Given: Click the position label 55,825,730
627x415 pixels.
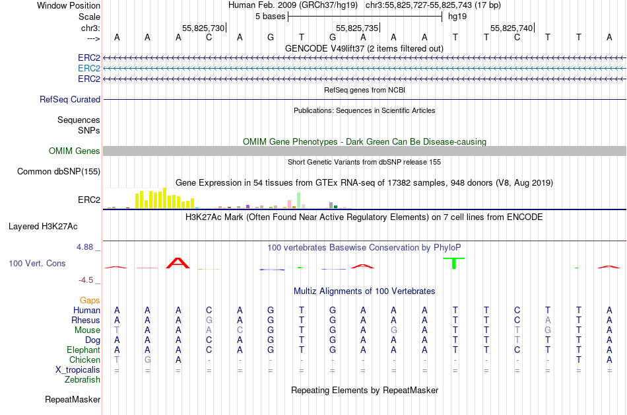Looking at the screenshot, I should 203,28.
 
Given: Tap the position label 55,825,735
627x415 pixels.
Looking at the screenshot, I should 357,28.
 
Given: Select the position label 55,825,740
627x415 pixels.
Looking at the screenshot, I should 511,28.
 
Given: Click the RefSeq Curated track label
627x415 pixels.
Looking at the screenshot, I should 70,99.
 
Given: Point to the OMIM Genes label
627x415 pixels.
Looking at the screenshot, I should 75,151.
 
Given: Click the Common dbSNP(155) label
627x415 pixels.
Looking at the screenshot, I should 59,172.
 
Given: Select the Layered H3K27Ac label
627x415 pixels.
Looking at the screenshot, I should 43,226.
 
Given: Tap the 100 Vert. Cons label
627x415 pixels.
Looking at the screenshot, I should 37,263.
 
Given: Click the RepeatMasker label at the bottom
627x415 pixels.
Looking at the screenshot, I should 73,400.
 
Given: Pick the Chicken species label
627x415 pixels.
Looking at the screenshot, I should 84,359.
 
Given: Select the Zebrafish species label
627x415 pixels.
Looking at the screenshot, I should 82,379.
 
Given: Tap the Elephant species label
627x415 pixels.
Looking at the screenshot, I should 83,350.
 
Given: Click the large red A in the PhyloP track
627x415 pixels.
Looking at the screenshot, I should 178,262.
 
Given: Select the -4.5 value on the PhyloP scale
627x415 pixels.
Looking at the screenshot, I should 89,280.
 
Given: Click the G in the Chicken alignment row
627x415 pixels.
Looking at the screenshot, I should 148,359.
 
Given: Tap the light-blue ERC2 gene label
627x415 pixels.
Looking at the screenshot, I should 89,68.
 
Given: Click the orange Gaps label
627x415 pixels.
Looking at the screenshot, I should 90,300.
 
